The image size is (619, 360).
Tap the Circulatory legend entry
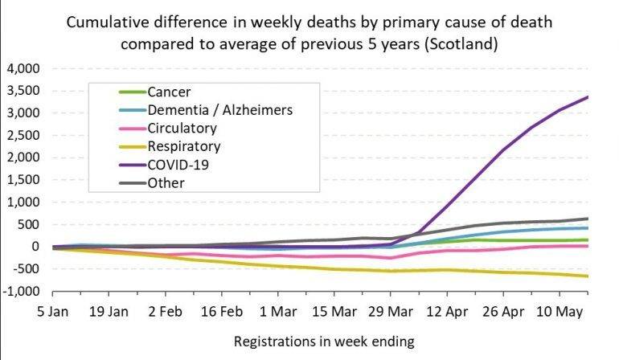pyautogui.click(x=182, y=128)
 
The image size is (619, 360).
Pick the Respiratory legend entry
pyautogui.click(x=184, y=146)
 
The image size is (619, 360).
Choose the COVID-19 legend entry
pyautogui.click(x=178, y=164)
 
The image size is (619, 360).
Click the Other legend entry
pyautogui.click(x=166, y=182)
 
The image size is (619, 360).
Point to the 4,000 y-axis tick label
pyautogui.click(x=24, y=68)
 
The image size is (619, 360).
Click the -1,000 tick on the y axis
pyautogui.click(x=23, y=291)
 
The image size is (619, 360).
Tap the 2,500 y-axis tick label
pyautogui.click(x=24, y=135)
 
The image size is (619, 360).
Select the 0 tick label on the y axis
pyautogui.click(x=35, y=247)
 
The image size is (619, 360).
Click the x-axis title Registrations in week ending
pyautogui.click(x=324, y=342)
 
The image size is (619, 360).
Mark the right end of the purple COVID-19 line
pyautogui.click(x=588, y=97)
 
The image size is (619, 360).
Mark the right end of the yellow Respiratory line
pyautogui.click(x=588, y=276)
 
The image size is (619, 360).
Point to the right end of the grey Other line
pyautogui.click(x=588, y=219)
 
